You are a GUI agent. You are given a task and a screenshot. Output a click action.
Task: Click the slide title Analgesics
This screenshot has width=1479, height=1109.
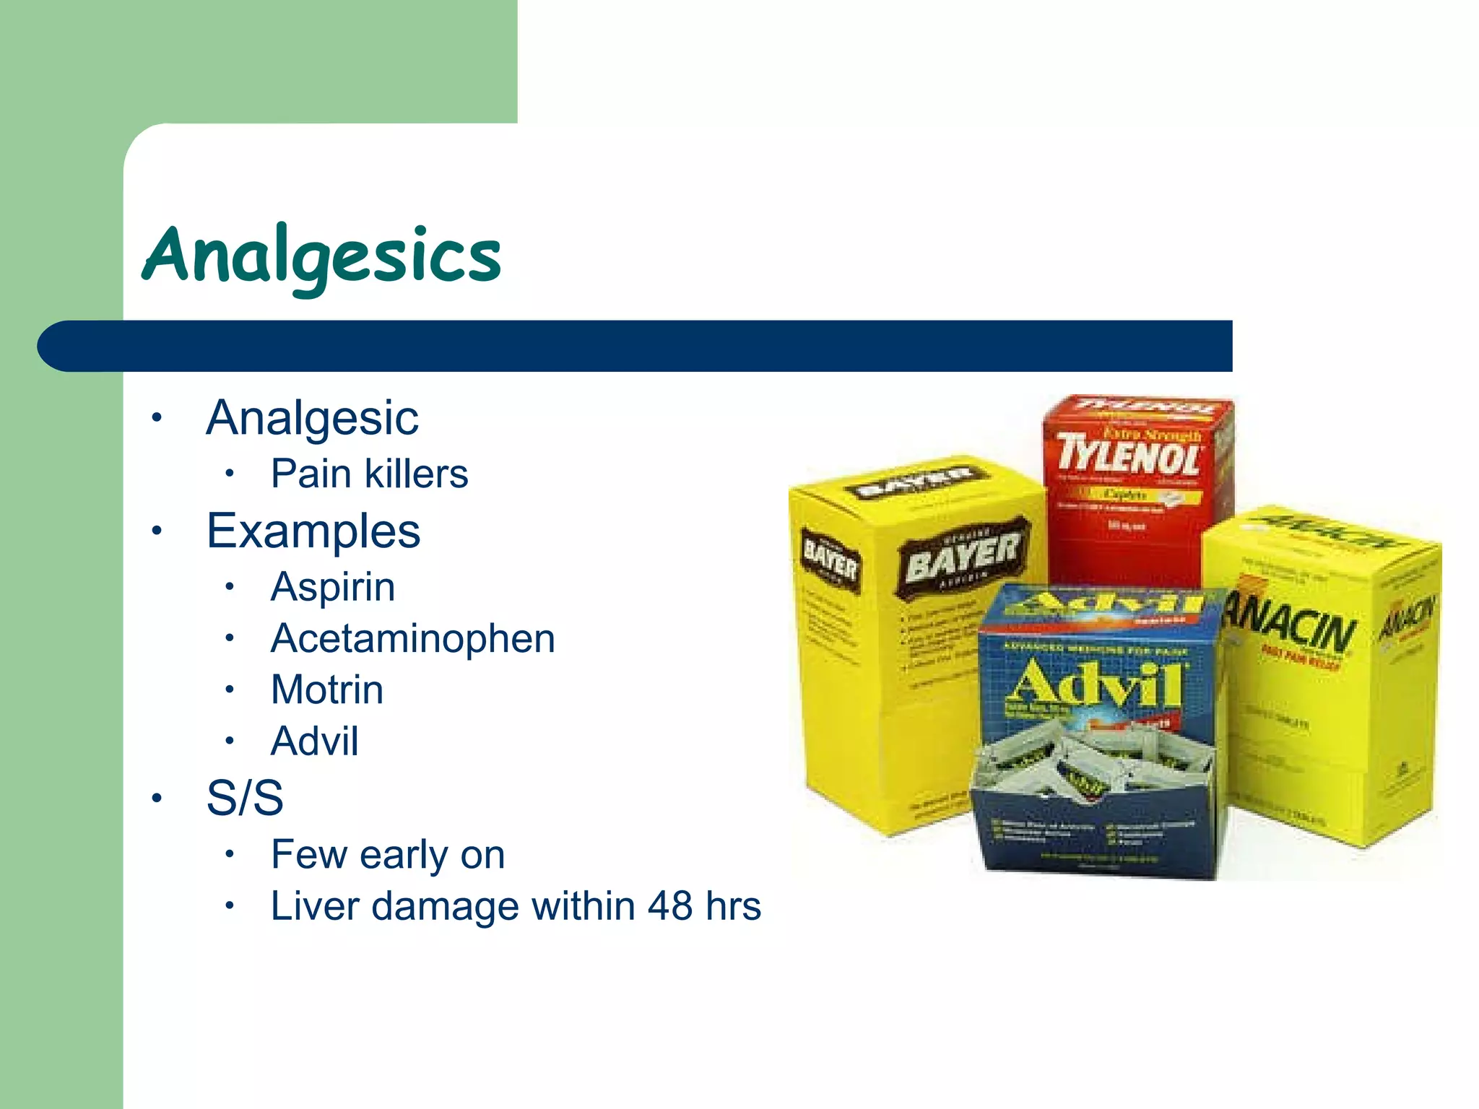(x=322, y=256)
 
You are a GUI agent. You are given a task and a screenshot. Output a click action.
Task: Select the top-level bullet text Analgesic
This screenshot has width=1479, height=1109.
(x=312, y=418)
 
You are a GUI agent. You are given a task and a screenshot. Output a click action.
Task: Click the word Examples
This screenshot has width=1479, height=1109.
(x=313, y=531)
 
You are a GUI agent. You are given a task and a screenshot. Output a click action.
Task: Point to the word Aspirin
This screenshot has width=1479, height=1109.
(x=333, y=586)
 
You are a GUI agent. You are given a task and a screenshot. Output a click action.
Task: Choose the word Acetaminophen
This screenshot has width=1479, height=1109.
(x=412, y=638)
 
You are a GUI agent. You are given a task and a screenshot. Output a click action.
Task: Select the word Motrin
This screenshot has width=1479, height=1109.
(x=326, y=690)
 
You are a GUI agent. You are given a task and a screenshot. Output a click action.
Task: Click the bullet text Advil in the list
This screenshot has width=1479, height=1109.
(x=314, y=741)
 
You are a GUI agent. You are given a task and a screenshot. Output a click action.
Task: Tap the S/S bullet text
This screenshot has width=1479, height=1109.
(x=245, y=798)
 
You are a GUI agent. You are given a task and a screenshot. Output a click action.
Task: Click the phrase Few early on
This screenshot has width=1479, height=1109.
(x=387, y=855)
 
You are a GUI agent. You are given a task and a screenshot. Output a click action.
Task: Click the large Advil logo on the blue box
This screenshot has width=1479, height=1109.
(x=1094, y=684)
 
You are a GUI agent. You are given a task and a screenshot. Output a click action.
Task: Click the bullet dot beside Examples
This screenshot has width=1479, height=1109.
(x=157, y=531)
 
